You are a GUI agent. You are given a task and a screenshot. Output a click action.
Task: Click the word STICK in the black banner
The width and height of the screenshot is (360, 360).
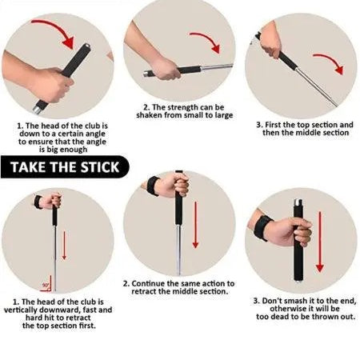[100, 167]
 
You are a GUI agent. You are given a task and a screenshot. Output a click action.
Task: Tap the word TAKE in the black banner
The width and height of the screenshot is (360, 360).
[28, 167]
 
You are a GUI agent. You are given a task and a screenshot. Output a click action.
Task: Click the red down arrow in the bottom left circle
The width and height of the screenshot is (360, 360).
[64, 246]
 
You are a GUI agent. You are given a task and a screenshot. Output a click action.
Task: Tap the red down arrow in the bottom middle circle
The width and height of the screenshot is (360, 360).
[196, 225]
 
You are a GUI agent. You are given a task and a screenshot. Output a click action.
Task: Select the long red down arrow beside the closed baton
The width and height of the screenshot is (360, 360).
[320, 242]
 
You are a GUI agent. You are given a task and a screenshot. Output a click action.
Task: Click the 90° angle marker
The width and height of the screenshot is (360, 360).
[47, 284]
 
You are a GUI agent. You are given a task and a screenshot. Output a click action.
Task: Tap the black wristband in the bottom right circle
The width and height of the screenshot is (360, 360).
[262, 227]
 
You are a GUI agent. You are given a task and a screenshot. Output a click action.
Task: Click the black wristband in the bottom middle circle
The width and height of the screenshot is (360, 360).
[153, 186]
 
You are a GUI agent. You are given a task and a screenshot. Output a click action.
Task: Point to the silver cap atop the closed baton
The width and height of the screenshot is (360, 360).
[298, 202]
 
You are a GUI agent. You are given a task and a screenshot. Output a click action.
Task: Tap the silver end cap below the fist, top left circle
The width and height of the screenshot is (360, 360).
[37, 110]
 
